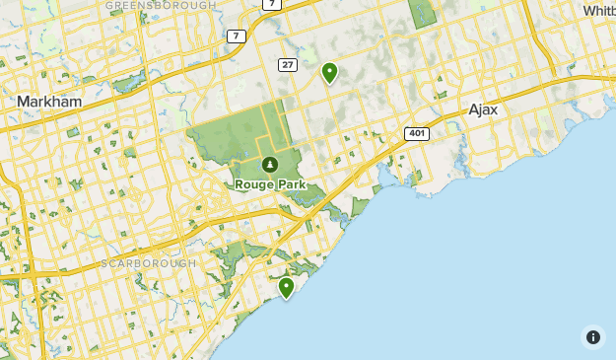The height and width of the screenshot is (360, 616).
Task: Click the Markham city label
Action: [x=48, y=102]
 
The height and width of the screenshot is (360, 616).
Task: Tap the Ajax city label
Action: [x=483, y=109]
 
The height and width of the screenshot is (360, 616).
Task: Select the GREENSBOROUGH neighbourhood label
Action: [x=160, y=5]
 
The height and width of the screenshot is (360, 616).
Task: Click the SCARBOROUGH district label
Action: [x=145, y=264]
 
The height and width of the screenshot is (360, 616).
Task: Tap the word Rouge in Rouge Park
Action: [x=255, y=184]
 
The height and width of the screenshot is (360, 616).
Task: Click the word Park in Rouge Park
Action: [x=291, y=184]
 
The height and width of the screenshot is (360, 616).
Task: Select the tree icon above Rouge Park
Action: [x=269, y=164]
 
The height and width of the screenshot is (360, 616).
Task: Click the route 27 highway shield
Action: [x=287, y=65]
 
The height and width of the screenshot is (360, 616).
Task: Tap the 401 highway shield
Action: [x=415, y=133]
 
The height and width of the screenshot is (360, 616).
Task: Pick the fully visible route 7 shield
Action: [x=236, y=36]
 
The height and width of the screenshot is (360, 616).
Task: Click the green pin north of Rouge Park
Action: [x=329, y=72]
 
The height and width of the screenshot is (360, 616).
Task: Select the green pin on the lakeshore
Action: [x=286, y=287]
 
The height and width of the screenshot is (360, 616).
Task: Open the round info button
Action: [x=593, y=337]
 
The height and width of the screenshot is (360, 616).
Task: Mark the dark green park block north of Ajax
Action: [x=422, y=12]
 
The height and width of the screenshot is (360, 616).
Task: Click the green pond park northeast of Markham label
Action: [x=131, y=82]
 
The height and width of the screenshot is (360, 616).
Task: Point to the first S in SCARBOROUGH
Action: [x=104, y=264]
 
